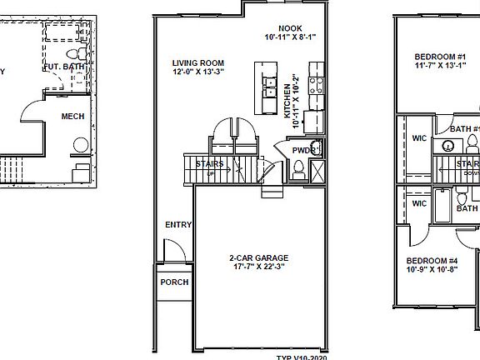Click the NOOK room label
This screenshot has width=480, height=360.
(x=290, y=27)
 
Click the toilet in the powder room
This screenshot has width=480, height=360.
(x=298, y=170)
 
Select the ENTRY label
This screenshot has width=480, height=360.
(x=177, y=225)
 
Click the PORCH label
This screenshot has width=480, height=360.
(x=175, y=282)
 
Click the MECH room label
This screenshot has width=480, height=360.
(x=73, y=116)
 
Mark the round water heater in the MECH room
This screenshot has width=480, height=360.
(x=81, y=144)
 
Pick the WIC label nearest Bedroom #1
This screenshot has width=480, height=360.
(x=419, y=141)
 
